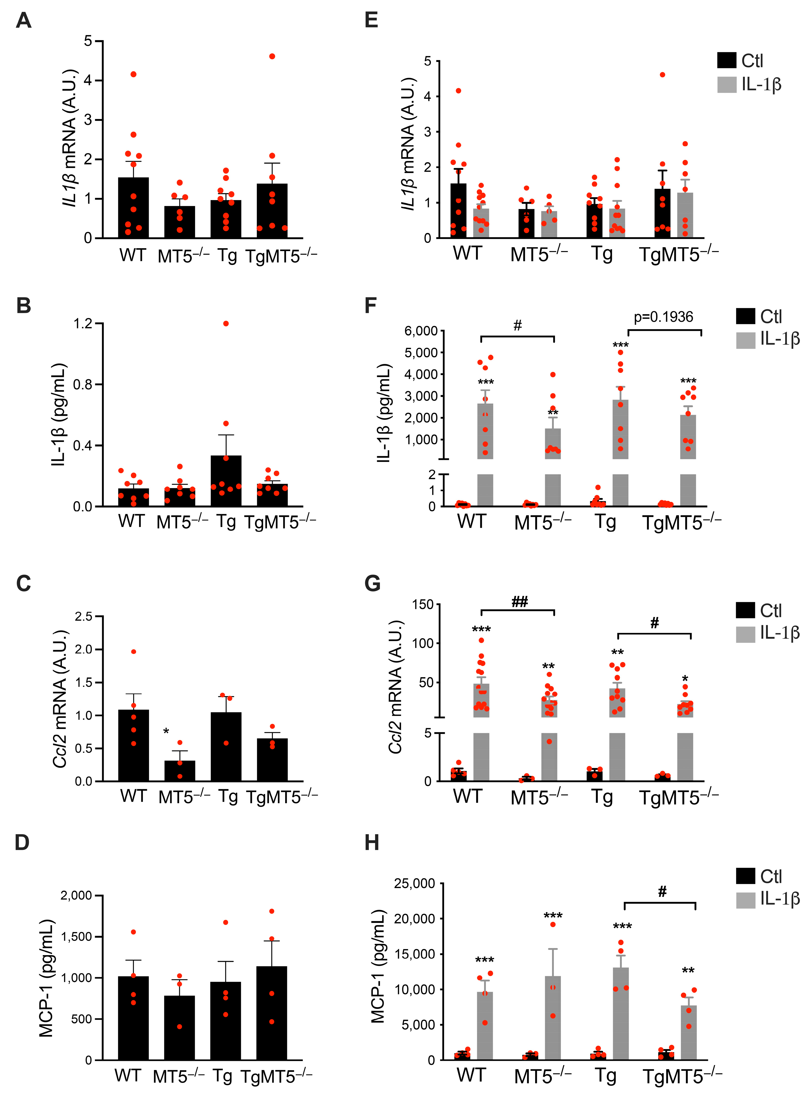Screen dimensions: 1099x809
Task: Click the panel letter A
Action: (24, 20)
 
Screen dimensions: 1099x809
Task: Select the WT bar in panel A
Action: (133, 208)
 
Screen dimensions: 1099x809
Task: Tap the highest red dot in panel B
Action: (226, 324)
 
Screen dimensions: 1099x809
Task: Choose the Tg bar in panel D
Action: (226, 1021)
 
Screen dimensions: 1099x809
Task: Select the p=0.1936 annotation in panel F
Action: (664, 317)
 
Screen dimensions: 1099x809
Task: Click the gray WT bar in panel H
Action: (485, 1026)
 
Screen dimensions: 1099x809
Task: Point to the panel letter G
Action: (372, 584)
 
